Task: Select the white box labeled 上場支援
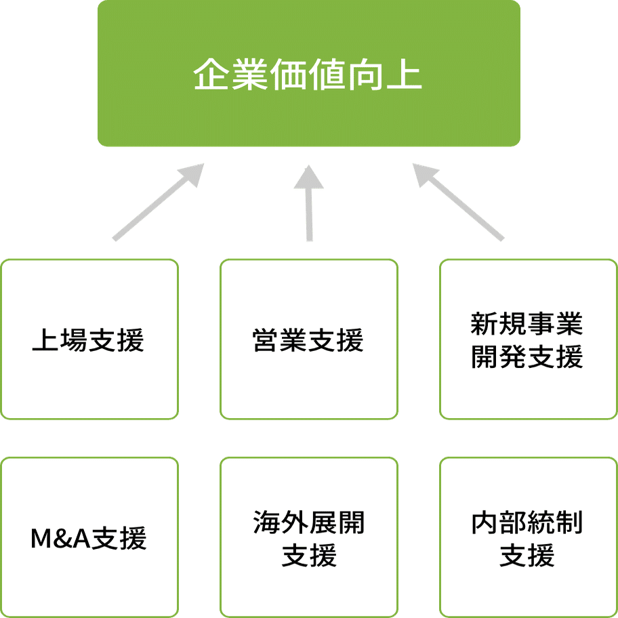[x=89, y=339]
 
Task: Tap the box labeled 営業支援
[x=309, y=339]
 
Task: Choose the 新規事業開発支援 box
[x=527, y=339]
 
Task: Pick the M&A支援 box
[x=89, y=537]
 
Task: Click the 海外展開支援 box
[x=309, y=537]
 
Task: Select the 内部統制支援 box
[x=527, y=537]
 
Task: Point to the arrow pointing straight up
[x=309, y=203]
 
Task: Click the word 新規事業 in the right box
[x=527, y=324]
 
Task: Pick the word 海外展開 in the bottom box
[x=309, y=522]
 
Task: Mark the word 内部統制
[x=527, y=522]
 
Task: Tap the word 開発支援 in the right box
[x=527, y=356]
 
